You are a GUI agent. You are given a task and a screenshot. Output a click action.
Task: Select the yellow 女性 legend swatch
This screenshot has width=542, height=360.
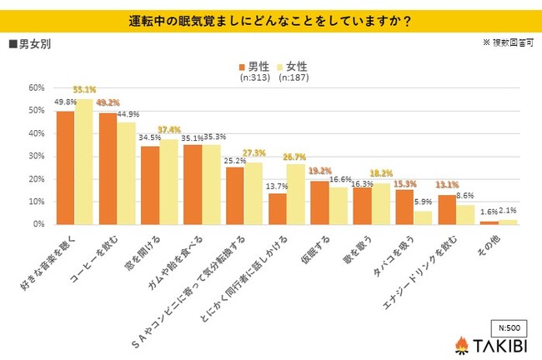pos(281,67)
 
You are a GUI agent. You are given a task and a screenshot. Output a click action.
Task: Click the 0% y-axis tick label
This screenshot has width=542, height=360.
pos(38,224)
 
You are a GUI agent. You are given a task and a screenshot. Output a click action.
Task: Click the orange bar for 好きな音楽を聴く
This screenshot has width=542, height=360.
pos(65,167)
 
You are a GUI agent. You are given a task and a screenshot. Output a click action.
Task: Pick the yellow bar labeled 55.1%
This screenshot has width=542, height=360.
pos(84,162)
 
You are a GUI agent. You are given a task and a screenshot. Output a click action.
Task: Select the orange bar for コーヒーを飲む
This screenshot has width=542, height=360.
pos(108,168)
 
